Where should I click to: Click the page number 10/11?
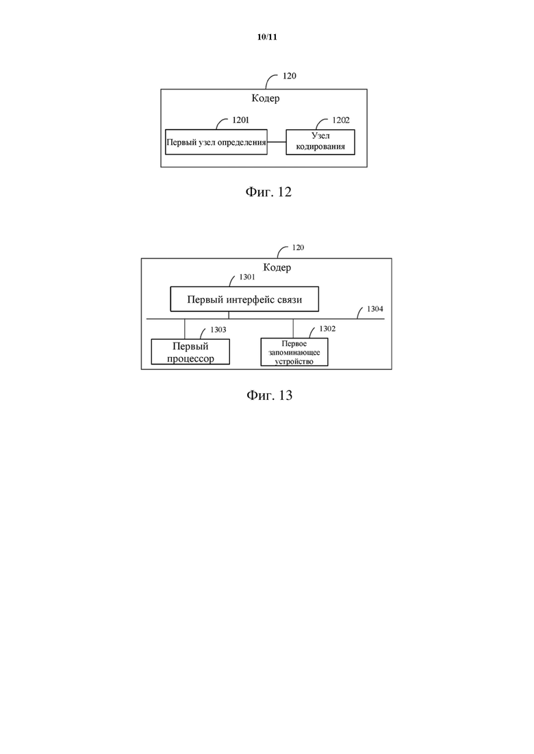click(x=267, y=37)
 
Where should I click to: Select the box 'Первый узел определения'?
click(x=216, y=142)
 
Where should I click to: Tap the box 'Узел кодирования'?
click(x=320, y=142)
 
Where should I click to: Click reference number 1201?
click(x=241, y=120)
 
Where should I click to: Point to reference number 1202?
click(x=341, y=120)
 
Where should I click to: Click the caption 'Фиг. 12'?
click(x=268, y=192)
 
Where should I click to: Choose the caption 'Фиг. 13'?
click(x=269, y=395)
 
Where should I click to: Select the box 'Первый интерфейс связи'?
click(x=244, y=299)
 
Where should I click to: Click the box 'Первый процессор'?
click(x=190, y=352)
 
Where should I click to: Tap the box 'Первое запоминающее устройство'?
click(x=294, y=352)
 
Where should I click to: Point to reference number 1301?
click(x=247, y=278)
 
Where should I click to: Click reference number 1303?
click(x=218, y=330)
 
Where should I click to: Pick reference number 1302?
click(x=327, y=329)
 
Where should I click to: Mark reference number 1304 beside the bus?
click(x=375, y=309)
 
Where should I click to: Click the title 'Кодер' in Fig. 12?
click(x=266, y=98)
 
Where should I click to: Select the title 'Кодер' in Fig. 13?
click(x=277, y=267)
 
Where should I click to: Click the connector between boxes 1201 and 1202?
click(x=277, y=142)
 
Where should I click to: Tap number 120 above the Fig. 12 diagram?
click(x=290, y=76)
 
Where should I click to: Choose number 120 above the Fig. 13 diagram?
click(x=298, y=247)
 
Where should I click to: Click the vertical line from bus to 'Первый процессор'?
click(x=185, y=329)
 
